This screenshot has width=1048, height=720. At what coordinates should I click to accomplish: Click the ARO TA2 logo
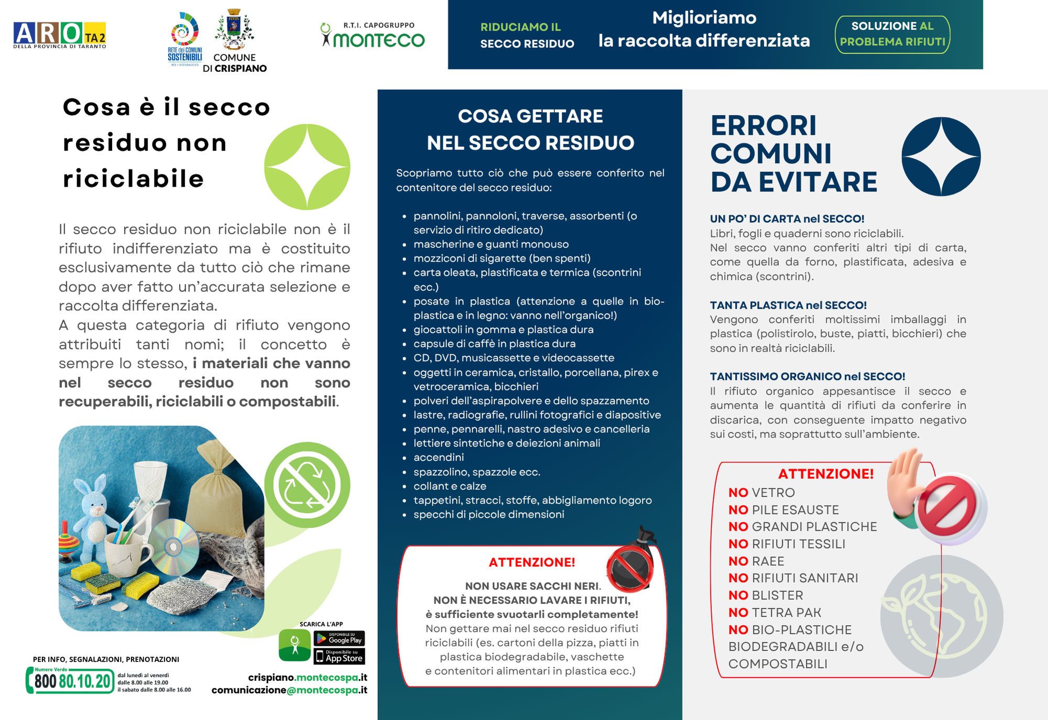[x=59, y=35]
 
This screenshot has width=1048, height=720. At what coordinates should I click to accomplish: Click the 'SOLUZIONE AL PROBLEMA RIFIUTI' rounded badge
[x=892, y=34]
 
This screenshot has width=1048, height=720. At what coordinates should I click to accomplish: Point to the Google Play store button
[x=339, y=638]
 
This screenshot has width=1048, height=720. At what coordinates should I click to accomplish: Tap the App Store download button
[x=339, y=657]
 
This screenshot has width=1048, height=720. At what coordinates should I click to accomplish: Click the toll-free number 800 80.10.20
[x=72, y=681]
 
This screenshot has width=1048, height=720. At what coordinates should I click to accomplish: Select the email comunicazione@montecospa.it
[x=289, y=690]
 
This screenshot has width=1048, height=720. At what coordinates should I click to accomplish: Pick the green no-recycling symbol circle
[x=307, y=485]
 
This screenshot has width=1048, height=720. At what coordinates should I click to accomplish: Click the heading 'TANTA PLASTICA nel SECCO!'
[x=788, y=305]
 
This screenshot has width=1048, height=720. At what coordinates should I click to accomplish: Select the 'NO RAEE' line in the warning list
[x=756, y=561]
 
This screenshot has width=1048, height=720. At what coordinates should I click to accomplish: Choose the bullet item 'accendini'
[x=439, y=457]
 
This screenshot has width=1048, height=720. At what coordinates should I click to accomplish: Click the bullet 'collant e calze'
[x=450, y=486]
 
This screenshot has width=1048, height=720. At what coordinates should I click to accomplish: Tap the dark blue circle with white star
[x=941, y=156]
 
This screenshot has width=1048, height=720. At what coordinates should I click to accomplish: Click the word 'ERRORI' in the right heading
[x=763, y=126]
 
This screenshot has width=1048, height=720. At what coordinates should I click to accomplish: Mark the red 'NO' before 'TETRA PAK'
[x=738, y=613]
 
